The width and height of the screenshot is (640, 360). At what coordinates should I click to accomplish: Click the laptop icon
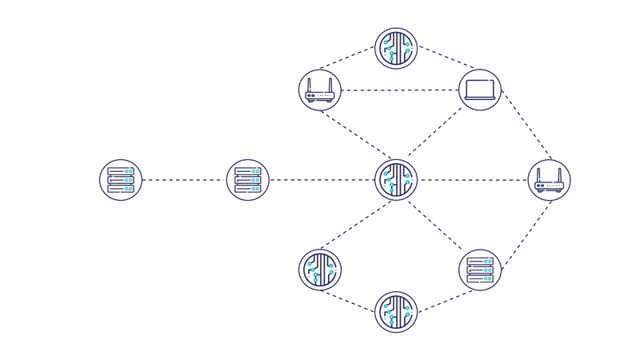(x=481, y=90)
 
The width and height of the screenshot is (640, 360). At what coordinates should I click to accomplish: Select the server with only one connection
(x=121, y=180)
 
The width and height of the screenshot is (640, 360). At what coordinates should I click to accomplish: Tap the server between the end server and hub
(x=249, y=180)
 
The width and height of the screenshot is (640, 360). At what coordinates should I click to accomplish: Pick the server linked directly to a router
(x=481, y=270)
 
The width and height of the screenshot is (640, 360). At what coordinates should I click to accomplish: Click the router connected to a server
(x=550, y=180)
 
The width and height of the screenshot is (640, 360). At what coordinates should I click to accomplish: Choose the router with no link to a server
(x=320, y=90)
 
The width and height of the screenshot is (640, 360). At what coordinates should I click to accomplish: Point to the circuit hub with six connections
(x=397, y=180)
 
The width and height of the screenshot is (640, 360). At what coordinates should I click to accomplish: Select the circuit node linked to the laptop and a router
(x=397, y=47)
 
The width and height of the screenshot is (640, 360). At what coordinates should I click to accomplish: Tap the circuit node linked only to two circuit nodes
(x=320, y=270)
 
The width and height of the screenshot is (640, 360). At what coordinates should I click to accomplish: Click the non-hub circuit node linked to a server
(x=397, y=312)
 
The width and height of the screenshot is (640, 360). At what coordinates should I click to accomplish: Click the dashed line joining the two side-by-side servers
(x=185, y=180)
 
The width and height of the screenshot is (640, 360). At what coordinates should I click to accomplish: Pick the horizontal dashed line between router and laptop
(x=400, y=90)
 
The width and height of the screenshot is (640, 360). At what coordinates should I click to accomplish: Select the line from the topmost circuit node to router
(x=348, y=58)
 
